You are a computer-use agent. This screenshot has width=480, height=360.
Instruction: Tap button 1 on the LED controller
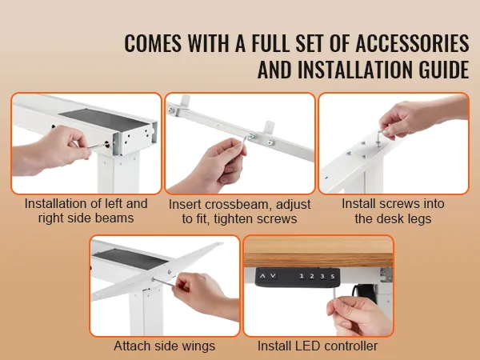point(302,275)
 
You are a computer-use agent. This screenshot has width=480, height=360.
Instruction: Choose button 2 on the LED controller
point(313,275)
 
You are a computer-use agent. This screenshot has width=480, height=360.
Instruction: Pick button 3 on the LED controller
point(322,275)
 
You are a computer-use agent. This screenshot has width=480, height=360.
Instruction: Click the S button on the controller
point(333,275)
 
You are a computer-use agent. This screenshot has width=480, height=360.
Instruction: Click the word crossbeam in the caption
point(239,204)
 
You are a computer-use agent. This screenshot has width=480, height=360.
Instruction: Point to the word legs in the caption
point(415,218)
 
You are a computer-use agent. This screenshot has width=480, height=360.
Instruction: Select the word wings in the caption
point(198,346)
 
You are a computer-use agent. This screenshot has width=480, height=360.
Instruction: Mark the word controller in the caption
point(352,346)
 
